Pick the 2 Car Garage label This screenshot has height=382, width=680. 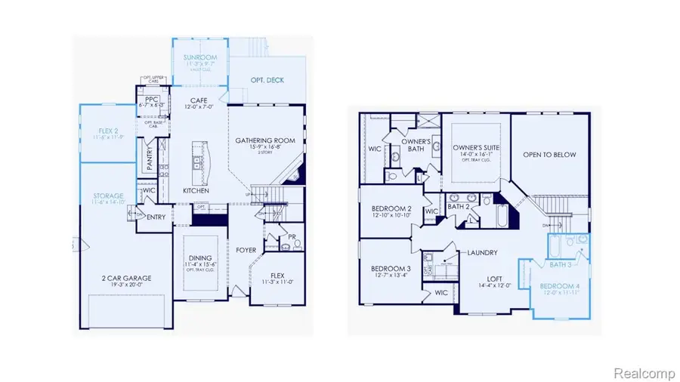(128, 278)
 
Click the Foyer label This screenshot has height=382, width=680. (246, 250)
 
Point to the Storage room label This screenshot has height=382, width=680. (107, 195)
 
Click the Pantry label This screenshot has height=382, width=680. (150, 160)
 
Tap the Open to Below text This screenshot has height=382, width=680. (549, 155)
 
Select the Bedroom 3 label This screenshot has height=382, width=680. (390, 269)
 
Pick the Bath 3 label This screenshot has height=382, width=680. (561, 264)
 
